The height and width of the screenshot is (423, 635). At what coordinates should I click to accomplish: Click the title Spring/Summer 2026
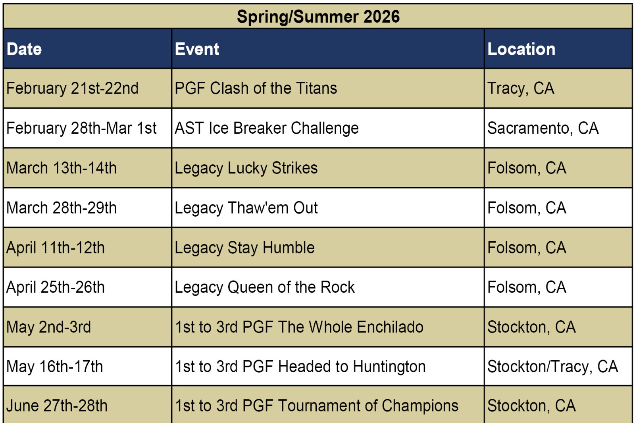point(318,17)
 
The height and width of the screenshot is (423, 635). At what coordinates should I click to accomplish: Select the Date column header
point(24,49)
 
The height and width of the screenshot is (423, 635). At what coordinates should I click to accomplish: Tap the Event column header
point(197,49)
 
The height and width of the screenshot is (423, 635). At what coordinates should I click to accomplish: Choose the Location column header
point(521,49)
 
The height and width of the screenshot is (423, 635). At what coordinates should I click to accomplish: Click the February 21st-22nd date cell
point(72,88)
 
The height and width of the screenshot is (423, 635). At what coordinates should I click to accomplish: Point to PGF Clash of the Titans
point(256,88)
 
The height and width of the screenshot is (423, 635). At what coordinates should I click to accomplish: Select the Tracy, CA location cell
point(520,88)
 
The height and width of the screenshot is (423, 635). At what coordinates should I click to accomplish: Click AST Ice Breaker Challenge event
point(266,128)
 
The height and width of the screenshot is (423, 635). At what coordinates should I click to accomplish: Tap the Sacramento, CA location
point(543,128)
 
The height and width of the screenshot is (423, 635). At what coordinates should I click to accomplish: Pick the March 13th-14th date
point(61,168)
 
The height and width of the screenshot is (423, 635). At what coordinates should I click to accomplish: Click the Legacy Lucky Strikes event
point(246,168)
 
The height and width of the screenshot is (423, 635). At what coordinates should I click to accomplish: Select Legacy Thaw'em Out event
point(246,208)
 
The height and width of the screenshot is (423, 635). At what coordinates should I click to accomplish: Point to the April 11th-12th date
point(55,248)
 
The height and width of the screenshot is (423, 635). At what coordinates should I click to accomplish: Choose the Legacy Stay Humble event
point(244,248)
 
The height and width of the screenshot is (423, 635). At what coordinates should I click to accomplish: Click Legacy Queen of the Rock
point(264,287)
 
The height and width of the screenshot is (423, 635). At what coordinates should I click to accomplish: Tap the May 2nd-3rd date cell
point(48,327)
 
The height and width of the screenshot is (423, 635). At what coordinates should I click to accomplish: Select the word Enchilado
point(390,327)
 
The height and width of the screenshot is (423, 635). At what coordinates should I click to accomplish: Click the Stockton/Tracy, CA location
point(552,366)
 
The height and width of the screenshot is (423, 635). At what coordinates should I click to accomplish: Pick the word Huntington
point(389,366)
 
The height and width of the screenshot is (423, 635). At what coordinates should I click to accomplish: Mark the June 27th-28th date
point(57,406)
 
